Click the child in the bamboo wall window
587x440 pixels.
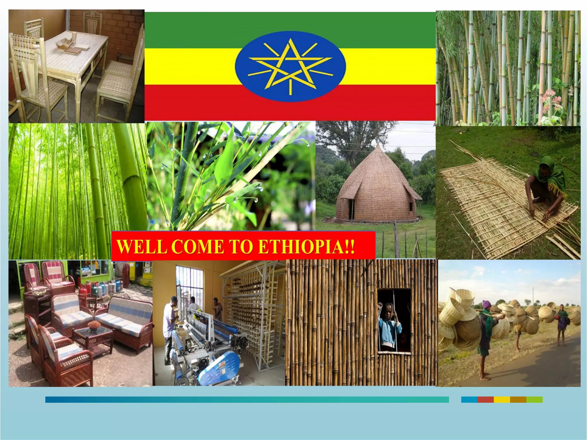coord(390,327)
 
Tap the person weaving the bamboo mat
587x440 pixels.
coord(546,186)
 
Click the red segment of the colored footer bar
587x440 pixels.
coord(485,399)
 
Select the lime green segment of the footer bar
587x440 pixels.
coord(534,399)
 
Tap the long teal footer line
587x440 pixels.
coord(246,399)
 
